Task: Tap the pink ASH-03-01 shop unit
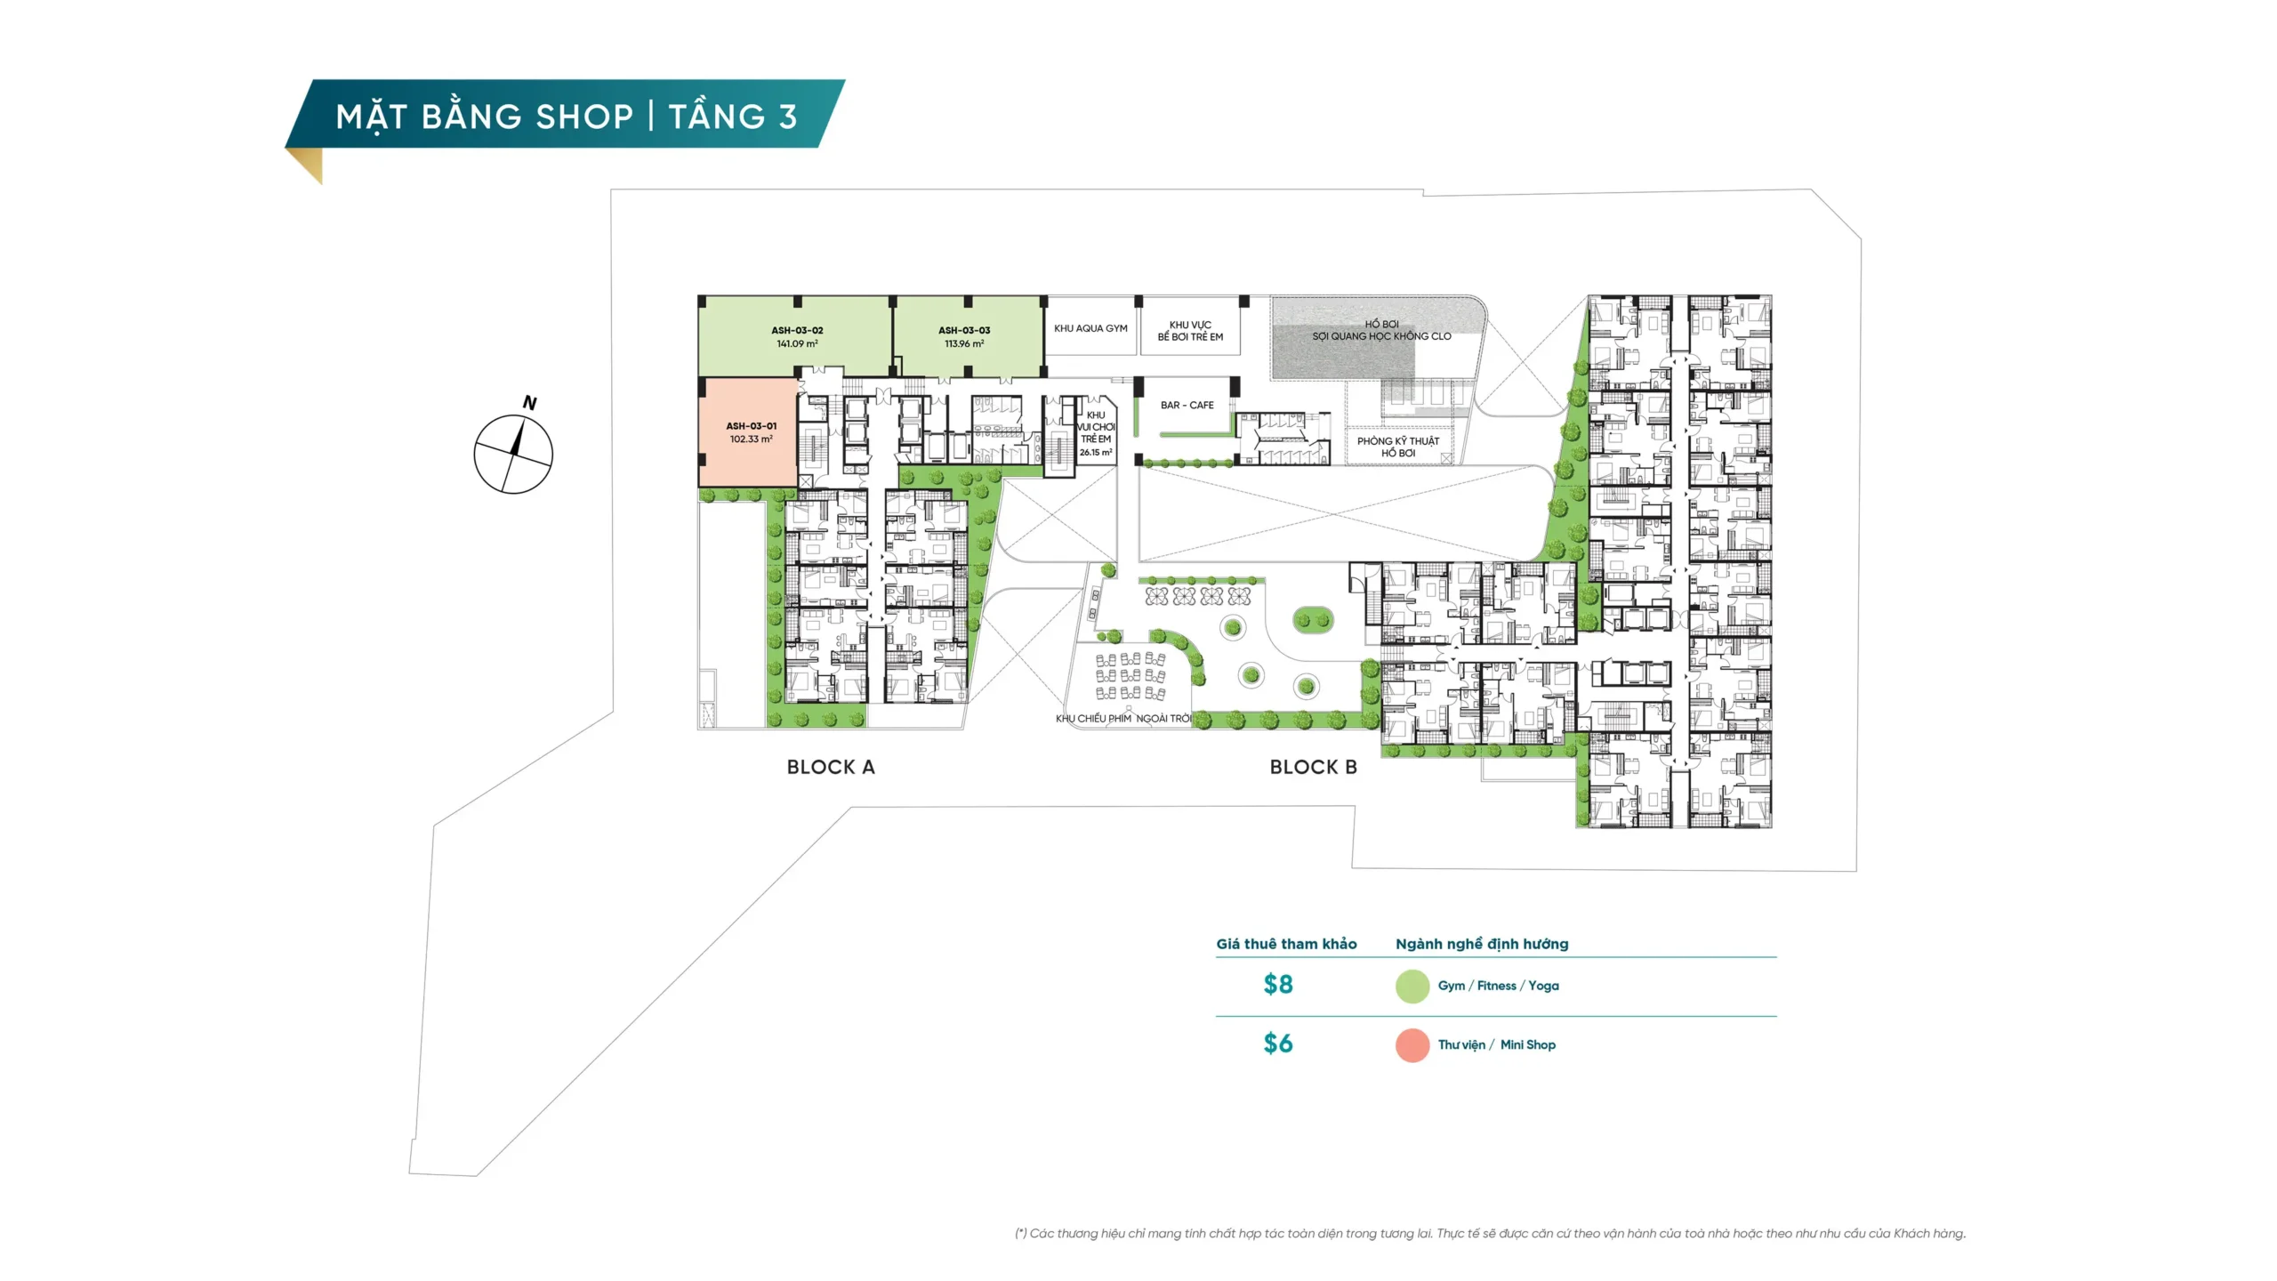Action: [749, 432]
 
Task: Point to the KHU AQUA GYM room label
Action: [1090, 328]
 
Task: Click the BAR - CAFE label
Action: [1187, 405]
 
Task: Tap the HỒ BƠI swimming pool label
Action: [1381, 324]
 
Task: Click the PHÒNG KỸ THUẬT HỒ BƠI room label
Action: [1398, 447]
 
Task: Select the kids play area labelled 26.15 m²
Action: [1096, 434]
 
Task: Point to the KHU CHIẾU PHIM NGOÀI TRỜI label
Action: [1123, 719]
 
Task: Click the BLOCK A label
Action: [831, 767]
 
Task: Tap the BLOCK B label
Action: [1314, 767]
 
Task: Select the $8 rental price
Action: [1278, 984]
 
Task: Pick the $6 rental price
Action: [1278, 1043]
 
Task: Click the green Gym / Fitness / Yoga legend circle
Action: [1412, 987]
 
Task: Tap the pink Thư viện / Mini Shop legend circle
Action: [1412, 1045]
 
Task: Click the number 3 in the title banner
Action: [787, 117]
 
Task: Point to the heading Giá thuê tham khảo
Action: [1286, 944]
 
